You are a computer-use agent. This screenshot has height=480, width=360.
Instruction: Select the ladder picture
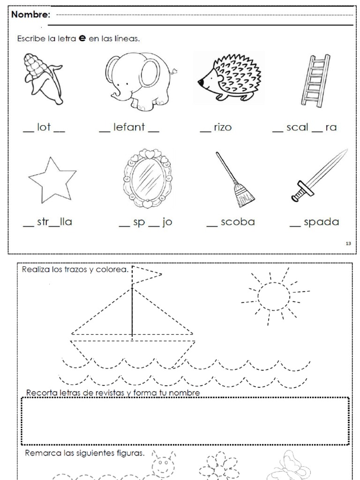pos(315,81)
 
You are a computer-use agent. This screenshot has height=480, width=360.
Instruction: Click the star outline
pos(52,180)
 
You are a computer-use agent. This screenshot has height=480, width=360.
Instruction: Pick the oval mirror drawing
pos(147,179)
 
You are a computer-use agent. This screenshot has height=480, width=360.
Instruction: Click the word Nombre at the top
pos(31,15)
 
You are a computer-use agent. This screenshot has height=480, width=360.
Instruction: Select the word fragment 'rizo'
pos(222,127)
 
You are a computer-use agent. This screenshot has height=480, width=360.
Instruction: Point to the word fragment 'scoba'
pos(237,222)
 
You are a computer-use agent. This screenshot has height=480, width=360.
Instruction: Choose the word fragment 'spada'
pos(321,222)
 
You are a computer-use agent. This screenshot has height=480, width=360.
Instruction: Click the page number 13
pos(348,243)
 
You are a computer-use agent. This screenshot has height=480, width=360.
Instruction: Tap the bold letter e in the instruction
pos(82,39)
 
